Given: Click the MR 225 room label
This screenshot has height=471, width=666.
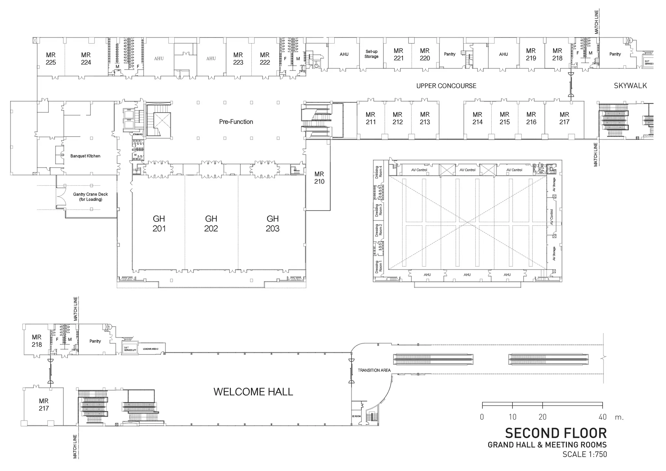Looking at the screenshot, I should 51,59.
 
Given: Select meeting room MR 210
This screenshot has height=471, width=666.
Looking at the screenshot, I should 319,178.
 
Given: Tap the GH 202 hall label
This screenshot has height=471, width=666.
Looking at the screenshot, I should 211,223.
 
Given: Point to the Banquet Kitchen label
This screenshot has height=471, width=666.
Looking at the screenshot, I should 85,156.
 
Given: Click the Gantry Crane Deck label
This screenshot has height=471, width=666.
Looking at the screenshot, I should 90,196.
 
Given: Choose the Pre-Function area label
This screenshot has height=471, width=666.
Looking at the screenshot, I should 236,122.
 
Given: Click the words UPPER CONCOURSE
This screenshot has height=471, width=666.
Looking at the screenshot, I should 446,86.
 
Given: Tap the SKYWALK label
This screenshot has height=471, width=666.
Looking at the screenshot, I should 630,86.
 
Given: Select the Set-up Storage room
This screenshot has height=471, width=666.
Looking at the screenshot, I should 371,54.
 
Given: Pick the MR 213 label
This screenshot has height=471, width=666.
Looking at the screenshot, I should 425,118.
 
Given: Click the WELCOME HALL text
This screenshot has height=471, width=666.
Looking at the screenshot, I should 253,392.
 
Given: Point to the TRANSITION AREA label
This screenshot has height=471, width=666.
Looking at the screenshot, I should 374,370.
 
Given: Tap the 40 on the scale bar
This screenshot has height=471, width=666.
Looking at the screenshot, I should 602,417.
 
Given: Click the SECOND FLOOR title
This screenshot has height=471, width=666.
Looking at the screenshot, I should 556,433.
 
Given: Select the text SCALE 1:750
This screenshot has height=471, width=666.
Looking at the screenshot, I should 585,454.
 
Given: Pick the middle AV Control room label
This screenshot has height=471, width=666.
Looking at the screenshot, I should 467,170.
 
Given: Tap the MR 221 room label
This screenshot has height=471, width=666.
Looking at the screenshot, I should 398,54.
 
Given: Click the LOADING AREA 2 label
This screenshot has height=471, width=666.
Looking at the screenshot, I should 151,349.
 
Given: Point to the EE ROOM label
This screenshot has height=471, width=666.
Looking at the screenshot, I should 356,416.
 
